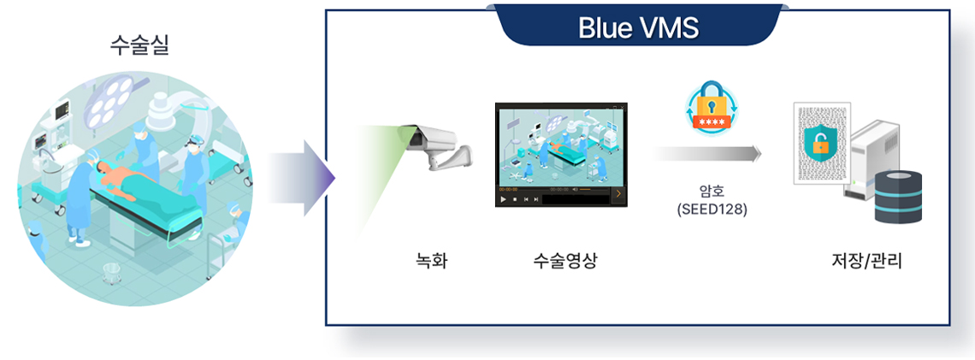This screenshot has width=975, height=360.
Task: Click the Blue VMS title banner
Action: [639, 26]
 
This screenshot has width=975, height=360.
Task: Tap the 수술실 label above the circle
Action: [139, 46]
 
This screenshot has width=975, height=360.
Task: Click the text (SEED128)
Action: [712, 210]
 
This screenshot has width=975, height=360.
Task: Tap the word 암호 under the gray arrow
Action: [712, 192]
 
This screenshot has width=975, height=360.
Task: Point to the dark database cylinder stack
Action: [898, 196]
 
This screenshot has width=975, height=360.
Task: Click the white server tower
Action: [869, 158]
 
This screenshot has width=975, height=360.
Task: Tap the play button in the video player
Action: [504, 199]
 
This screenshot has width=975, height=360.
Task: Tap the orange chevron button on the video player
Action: [618, 194]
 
